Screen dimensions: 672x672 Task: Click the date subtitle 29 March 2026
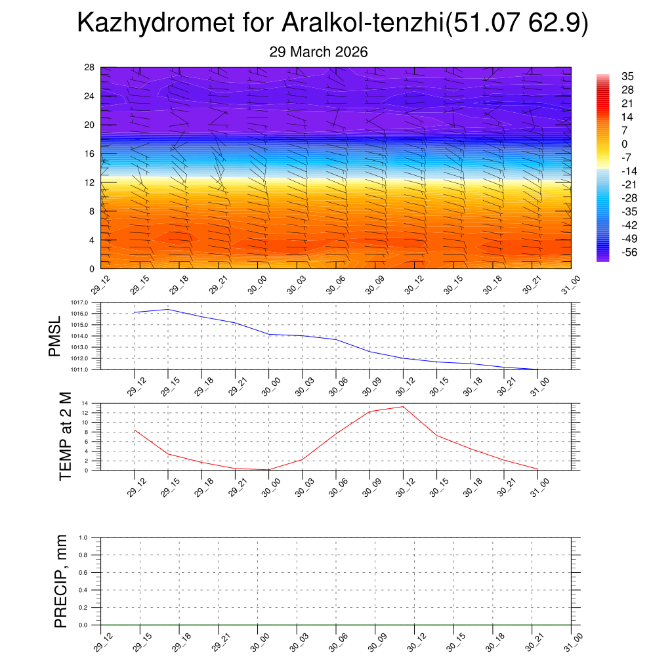[x=318, y=52]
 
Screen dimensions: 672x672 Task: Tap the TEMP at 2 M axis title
[x=65, y=436]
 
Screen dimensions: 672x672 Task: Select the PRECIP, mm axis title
[x=60, y=581]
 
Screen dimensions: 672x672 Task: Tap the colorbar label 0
[x=624, y=144]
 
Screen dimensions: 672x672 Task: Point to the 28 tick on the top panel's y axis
[x=89, y=68]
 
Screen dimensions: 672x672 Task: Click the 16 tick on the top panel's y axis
[x=89, y=154]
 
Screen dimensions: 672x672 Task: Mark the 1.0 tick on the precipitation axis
[x=92, y=537]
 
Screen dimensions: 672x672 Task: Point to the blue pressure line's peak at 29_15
[x=168, y=309]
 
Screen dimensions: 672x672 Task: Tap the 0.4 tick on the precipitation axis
[x=92, y=590]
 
